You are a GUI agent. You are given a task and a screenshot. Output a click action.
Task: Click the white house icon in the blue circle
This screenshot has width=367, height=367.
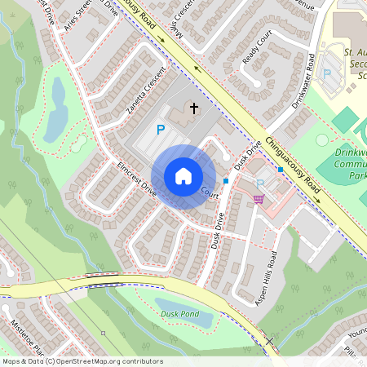click(x=183, y=176)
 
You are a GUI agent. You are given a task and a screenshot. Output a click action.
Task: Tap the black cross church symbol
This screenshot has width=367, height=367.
click(x=194, y=108)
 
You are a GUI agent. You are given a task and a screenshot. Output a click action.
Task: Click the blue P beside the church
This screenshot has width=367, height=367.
click(x=161, y=129)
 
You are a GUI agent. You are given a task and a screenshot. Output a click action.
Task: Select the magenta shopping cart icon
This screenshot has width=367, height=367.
click(x=259, y=198)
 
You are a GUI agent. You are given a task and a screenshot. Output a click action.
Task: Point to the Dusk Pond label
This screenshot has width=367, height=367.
click(x=179, y=313)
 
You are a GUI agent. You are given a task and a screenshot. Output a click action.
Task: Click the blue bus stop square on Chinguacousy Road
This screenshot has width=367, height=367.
click(x=280, y=169)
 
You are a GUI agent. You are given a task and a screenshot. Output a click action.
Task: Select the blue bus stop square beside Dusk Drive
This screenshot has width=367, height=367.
click(x=225, y=181)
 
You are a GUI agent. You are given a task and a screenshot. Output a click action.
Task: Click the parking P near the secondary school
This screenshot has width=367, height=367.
click(x=327, y=73)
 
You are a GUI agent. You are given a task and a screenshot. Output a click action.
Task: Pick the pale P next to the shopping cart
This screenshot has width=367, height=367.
click(x=260, y=184)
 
